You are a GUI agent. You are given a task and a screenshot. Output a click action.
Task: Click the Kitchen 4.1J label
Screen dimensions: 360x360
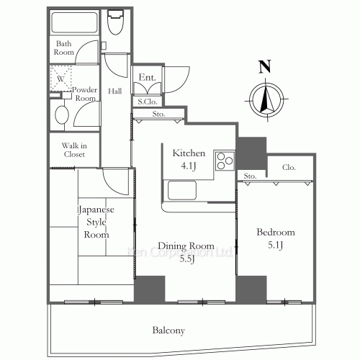point(189,159)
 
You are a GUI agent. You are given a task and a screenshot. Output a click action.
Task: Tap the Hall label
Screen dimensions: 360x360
point(114,91)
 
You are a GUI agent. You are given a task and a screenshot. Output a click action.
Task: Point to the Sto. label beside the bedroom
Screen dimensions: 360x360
point(250,175)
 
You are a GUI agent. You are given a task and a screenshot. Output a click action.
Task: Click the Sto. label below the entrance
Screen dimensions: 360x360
point(158,114)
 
